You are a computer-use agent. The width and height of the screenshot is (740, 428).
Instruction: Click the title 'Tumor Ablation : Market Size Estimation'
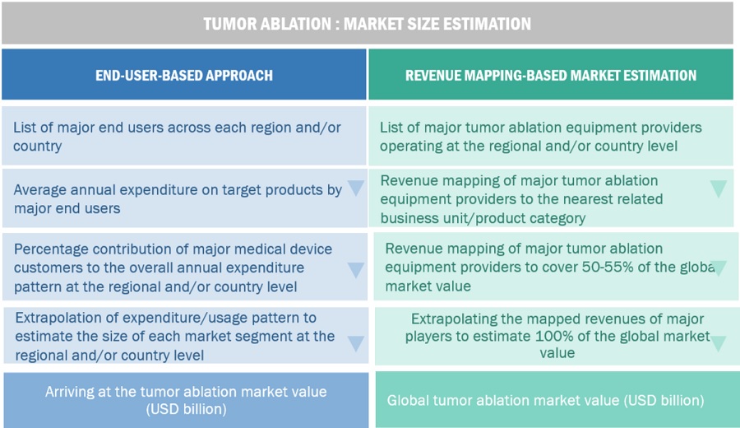click(x=368, y=24)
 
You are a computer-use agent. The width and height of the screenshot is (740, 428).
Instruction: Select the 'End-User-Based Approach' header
click(x=184, y=75)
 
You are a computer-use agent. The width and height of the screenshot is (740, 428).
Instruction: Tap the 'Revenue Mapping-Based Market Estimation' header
click(x=551, y=75)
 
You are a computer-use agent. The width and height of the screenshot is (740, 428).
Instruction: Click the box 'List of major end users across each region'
click(x=184, y=136)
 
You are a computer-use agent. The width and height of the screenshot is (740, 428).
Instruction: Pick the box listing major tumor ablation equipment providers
click(x=551, y=136)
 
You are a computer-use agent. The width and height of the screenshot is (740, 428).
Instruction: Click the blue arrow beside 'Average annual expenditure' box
click(x=356, y=188)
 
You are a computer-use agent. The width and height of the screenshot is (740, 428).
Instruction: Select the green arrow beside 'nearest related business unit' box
click(x=719, y=188)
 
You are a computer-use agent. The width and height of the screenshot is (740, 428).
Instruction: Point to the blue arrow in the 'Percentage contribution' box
click(x=356, y=270)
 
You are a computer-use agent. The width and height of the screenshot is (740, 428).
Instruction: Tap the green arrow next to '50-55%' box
click(x=719, y=268)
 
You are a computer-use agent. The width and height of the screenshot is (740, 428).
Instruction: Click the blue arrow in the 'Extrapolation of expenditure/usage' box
click(x=356, y=343)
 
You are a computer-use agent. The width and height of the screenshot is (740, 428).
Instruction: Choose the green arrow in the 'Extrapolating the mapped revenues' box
click(x=719, y=343)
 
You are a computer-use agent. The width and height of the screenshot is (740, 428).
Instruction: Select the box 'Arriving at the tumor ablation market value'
click(x=186, y=400)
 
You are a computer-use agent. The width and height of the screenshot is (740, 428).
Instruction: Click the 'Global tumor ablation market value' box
click(x=557, y=400)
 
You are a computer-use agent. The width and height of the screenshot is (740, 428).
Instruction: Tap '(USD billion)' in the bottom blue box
click(x=186, y=409)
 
